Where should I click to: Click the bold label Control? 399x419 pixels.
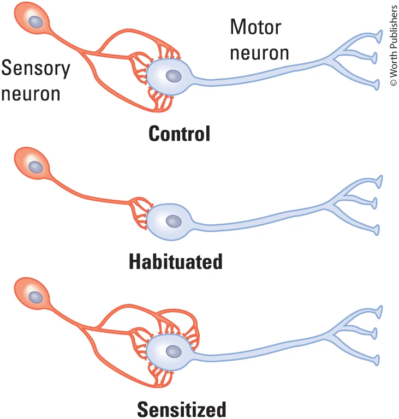(180, 134)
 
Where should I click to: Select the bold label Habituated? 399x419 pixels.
(176, 262)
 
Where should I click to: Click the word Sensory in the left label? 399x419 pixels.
(36, 69)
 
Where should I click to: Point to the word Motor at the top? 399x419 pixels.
(255, 27)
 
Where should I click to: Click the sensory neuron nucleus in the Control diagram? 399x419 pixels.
(36, 21)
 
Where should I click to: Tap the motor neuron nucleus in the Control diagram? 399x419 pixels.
(174, 76)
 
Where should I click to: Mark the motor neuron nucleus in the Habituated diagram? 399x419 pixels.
(174, 221)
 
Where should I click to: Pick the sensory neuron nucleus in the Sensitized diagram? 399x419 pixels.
(36, 297)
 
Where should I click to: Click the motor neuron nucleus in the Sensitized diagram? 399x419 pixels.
(174, 351)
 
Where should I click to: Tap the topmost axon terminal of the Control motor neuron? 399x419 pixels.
(378, 37)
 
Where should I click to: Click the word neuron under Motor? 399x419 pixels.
(259, 53)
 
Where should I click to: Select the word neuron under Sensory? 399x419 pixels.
(31, 93)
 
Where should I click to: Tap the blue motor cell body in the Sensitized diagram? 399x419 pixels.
(169, 352)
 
